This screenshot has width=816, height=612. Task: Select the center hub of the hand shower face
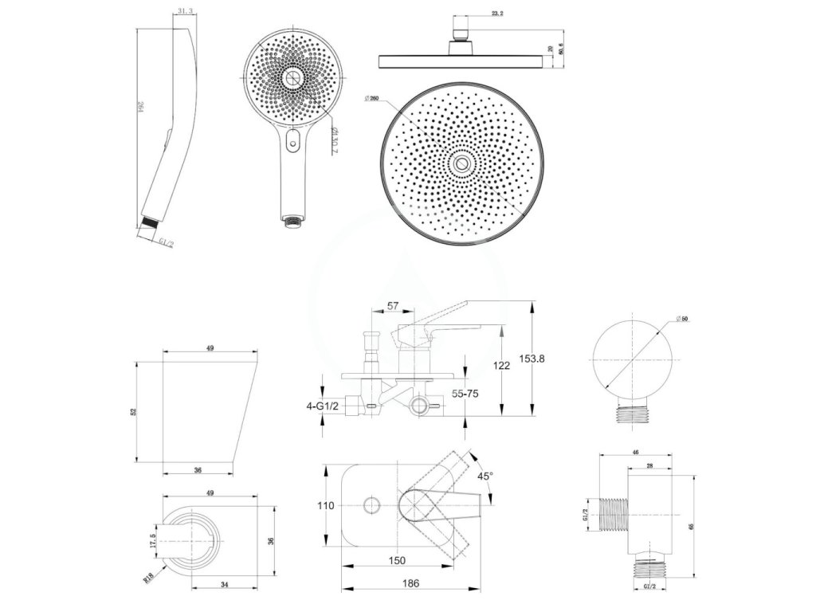pos(292,78)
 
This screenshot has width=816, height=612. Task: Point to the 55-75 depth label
pos(465,393)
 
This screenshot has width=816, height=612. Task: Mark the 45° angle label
pos(484,475)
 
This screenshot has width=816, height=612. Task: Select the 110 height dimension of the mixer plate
pos(325,505)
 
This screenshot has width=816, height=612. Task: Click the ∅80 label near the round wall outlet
pos(683,319)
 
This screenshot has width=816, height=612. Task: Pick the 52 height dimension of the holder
pos(135,410)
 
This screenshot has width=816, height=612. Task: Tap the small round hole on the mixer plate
pos(371,504)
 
